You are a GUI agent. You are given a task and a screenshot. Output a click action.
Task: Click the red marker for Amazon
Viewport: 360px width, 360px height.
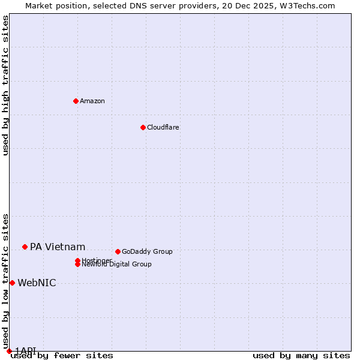click(76, 101)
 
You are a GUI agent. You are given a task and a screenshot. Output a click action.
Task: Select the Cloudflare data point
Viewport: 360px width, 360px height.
click(143, 127)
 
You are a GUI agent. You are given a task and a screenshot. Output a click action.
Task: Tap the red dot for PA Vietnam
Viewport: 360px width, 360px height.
click(25, 247)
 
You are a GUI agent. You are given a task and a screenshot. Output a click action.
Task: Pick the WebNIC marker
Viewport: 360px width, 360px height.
click(12, 283)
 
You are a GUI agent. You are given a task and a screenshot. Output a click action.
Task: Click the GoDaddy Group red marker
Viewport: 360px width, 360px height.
click(118, 251)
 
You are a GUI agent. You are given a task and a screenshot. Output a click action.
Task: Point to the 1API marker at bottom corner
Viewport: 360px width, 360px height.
click(9, 351)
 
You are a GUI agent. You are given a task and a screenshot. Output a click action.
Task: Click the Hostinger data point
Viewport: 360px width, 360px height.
click(77, 260)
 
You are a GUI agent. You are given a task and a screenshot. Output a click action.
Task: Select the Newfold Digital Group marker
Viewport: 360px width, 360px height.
click(77, 264)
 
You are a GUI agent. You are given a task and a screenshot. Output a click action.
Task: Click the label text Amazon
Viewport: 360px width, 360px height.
click(92, 101)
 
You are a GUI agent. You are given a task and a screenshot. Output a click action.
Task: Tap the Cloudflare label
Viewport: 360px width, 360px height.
click(163, 127)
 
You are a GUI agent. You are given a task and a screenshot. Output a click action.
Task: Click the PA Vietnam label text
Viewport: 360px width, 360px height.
click(58, 247)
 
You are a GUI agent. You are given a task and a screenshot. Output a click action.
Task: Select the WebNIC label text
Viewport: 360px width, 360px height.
click(37, 283)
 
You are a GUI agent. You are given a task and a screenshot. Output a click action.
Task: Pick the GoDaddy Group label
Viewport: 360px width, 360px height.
click(147, 251)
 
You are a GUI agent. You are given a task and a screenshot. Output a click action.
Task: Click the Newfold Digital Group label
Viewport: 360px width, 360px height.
click(117, 265)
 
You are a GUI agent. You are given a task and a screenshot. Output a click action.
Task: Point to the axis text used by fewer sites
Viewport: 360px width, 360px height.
click(62, 356)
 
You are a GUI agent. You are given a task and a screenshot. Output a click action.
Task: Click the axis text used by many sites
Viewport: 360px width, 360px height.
click(301, 356)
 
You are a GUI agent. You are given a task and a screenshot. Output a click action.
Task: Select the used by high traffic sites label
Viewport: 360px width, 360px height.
click(5, 85)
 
